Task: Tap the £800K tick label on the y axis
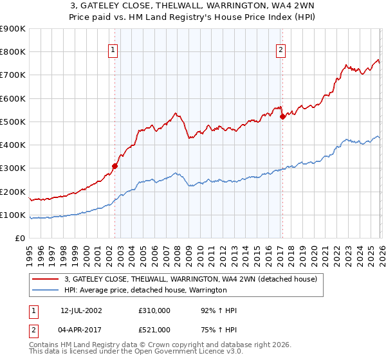[x=13, y=52]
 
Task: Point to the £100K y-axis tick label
[x=13, y=215]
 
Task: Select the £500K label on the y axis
[x=13, y=122]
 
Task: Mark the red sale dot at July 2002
[x=115, y=166]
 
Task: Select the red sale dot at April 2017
[x=282, y=116]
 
